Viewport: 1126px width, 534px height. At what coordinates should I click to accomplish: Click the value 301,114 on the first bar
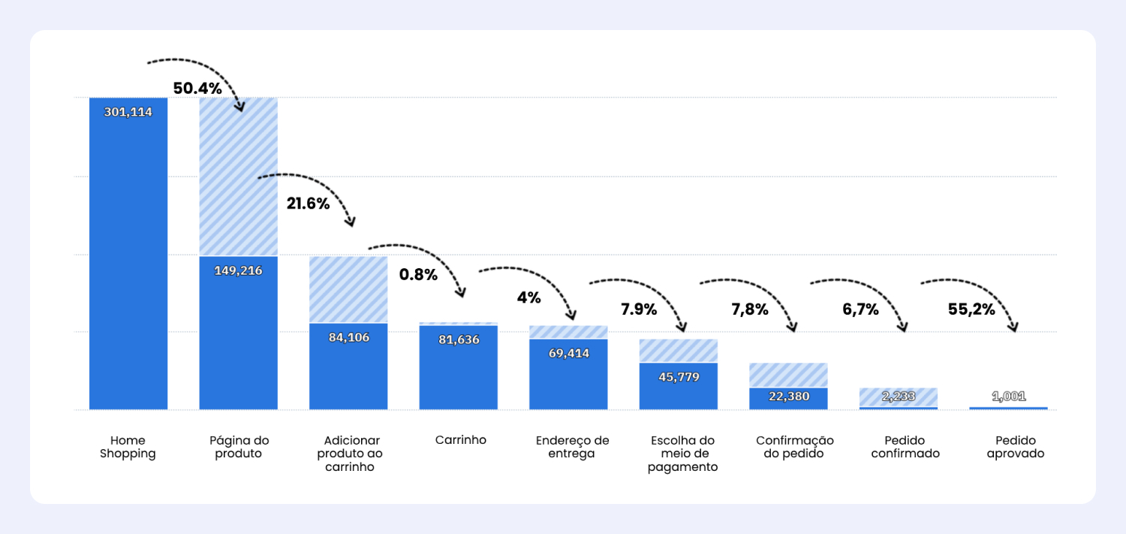click(128, 113)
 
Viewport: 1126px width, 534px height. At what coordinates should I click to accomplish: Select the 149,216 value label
click(238, 270)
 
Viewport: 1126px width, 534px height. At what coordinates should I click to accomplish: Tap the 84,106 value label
click(348, 337)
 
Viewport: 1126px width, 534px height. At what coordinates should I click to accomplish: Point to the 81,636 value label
click(459, 339)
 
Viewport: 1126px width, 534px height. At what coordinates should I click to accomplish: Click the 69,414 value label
click(568, 353)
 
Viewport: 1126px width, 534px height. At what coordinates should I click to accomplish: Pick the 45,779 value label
click(679, 377)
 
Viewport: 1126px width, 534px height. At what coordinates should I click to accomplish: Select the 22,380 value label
click(789, 396)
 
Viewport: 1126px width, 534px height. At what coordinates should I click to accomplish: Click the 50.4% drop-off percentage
click(197, 89)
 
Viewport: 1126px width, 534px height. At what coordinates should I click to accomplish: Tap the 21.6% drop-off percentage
click(308, 204)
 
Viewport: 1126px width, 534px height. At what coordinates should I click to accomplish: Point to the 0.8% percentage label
click(418, 275)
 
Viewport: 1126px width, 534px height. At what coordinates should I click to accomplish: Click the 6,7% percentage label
click(860, 309)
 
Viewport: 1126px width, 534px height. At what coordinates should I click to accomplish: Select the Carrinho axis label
click(460, 440)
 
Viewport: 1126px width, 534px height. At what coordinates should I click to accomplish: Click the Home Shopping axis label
click(128, 447)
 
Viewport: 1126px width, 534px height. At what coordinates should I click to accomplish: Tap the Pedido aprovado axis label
click(1015, 447)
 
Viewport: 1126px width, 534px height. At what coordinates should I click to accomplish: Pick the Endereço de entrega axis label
click(572, 447)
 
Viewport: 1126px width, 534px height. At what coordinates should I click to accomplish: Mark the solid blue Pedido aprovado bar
click(1007, 408)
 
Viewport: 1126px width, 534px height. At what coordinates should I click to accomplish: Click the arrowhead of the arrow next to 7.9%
click(682, 327)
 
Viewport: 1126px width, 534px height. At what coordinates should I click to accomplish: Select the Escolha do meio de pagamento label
click(682, 454)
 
